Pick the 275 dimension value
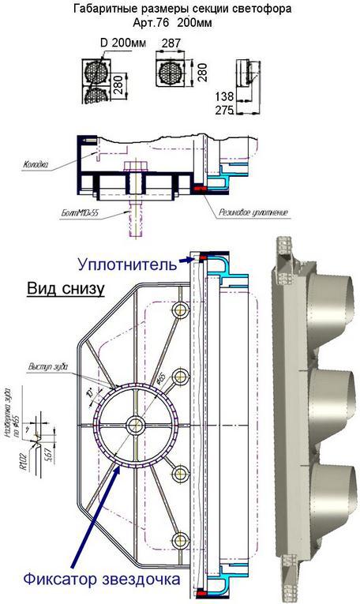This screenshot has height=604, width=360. point(225,111)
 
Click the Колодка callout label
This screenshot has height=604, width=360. point(36,165)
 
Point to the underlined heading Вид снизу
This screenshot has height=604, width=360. point(66,288)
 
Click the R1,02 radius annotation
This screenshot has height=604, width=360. point(28,458)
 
